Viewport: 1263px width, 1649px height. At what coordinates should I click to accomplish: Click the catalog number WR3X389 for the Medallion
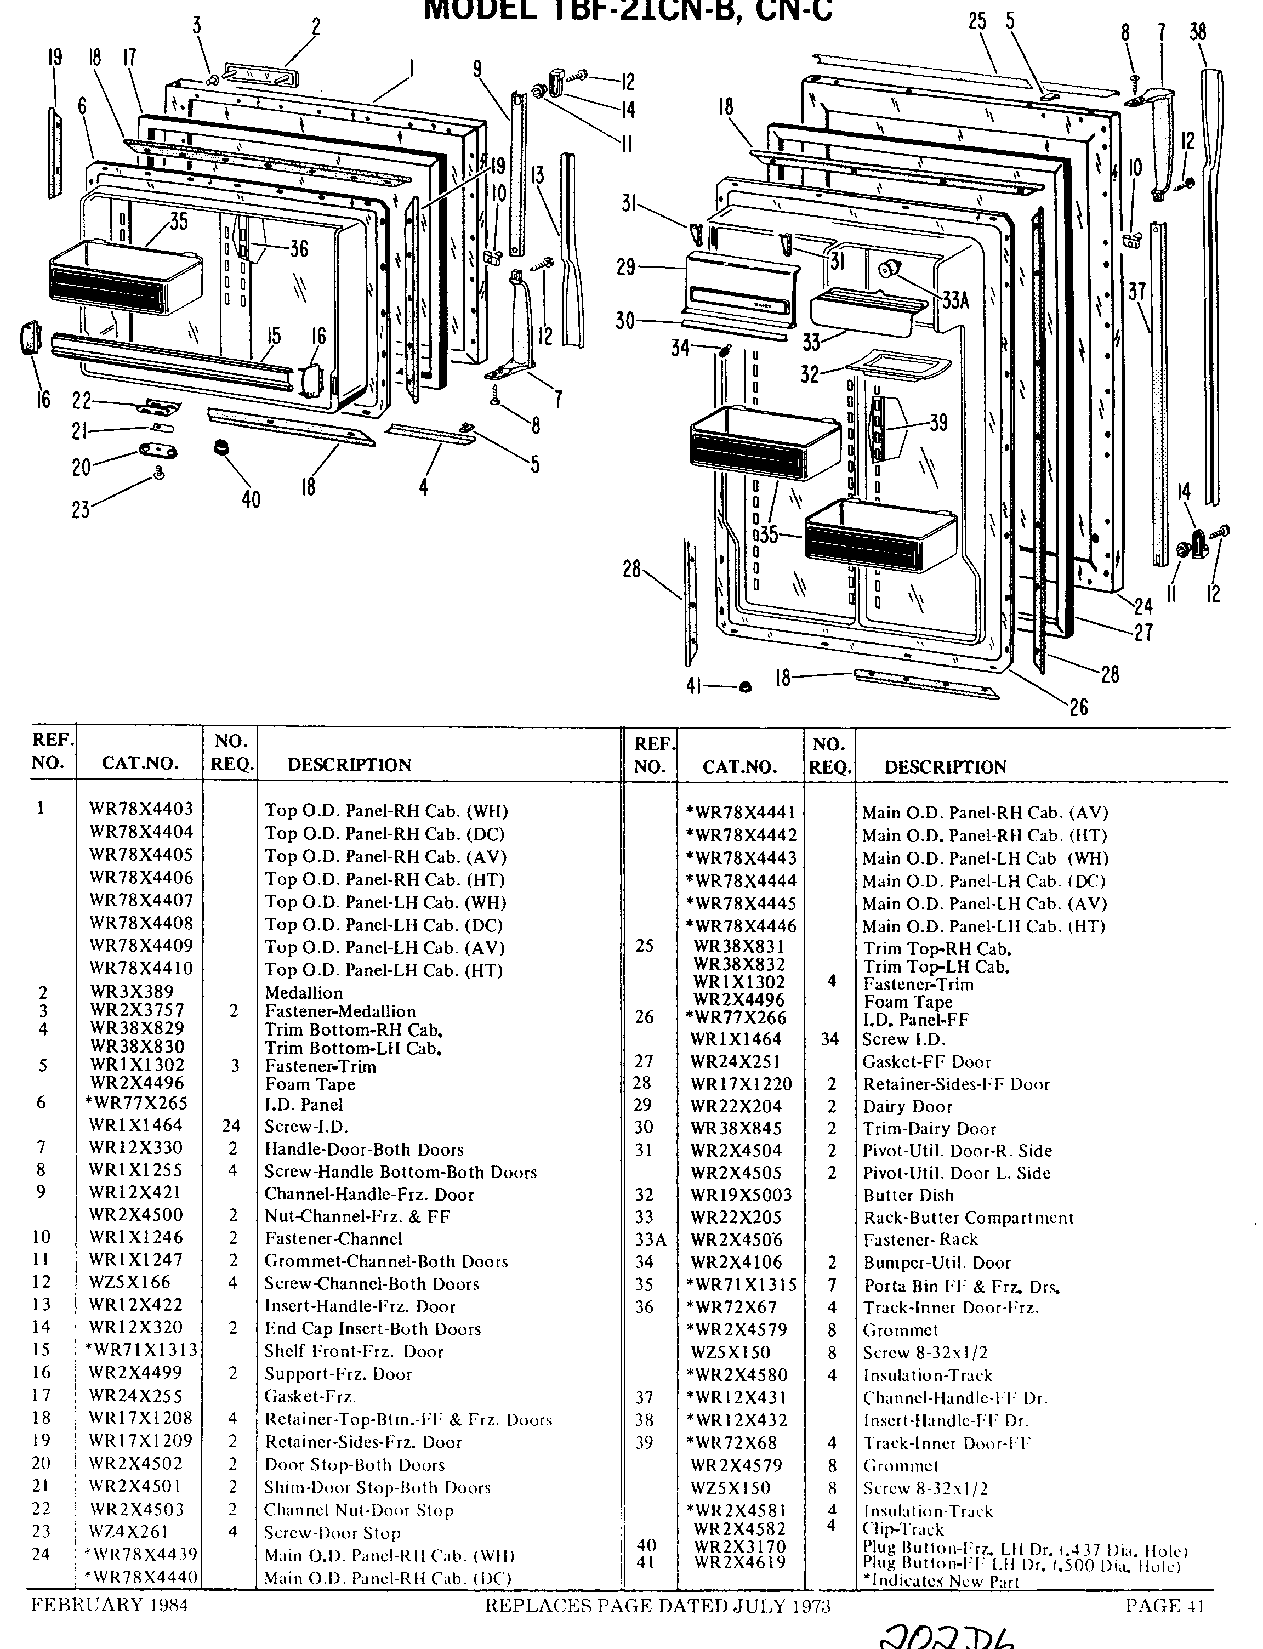coord(131,992)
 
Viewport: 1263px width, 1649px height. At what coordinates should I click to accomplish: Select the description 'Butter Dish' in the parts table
coord(908,1195)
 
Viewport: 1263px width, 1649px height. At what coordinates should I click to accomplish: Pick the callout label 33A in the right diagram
coord(955,302)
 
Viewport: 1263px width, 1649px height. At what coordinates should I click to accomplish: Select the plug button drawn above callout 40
coord(221,447)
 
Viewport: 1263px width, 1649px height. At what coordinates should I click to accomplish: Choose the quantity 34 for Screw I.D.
coord(829,1039)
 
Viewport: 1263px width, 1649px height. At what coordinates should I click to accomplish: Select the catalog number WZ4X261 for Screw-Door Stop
coord(129,1532)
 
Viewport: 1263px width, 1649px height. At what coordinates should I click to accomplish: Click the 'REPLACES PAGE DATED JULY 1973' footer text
coord(657,1606)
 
